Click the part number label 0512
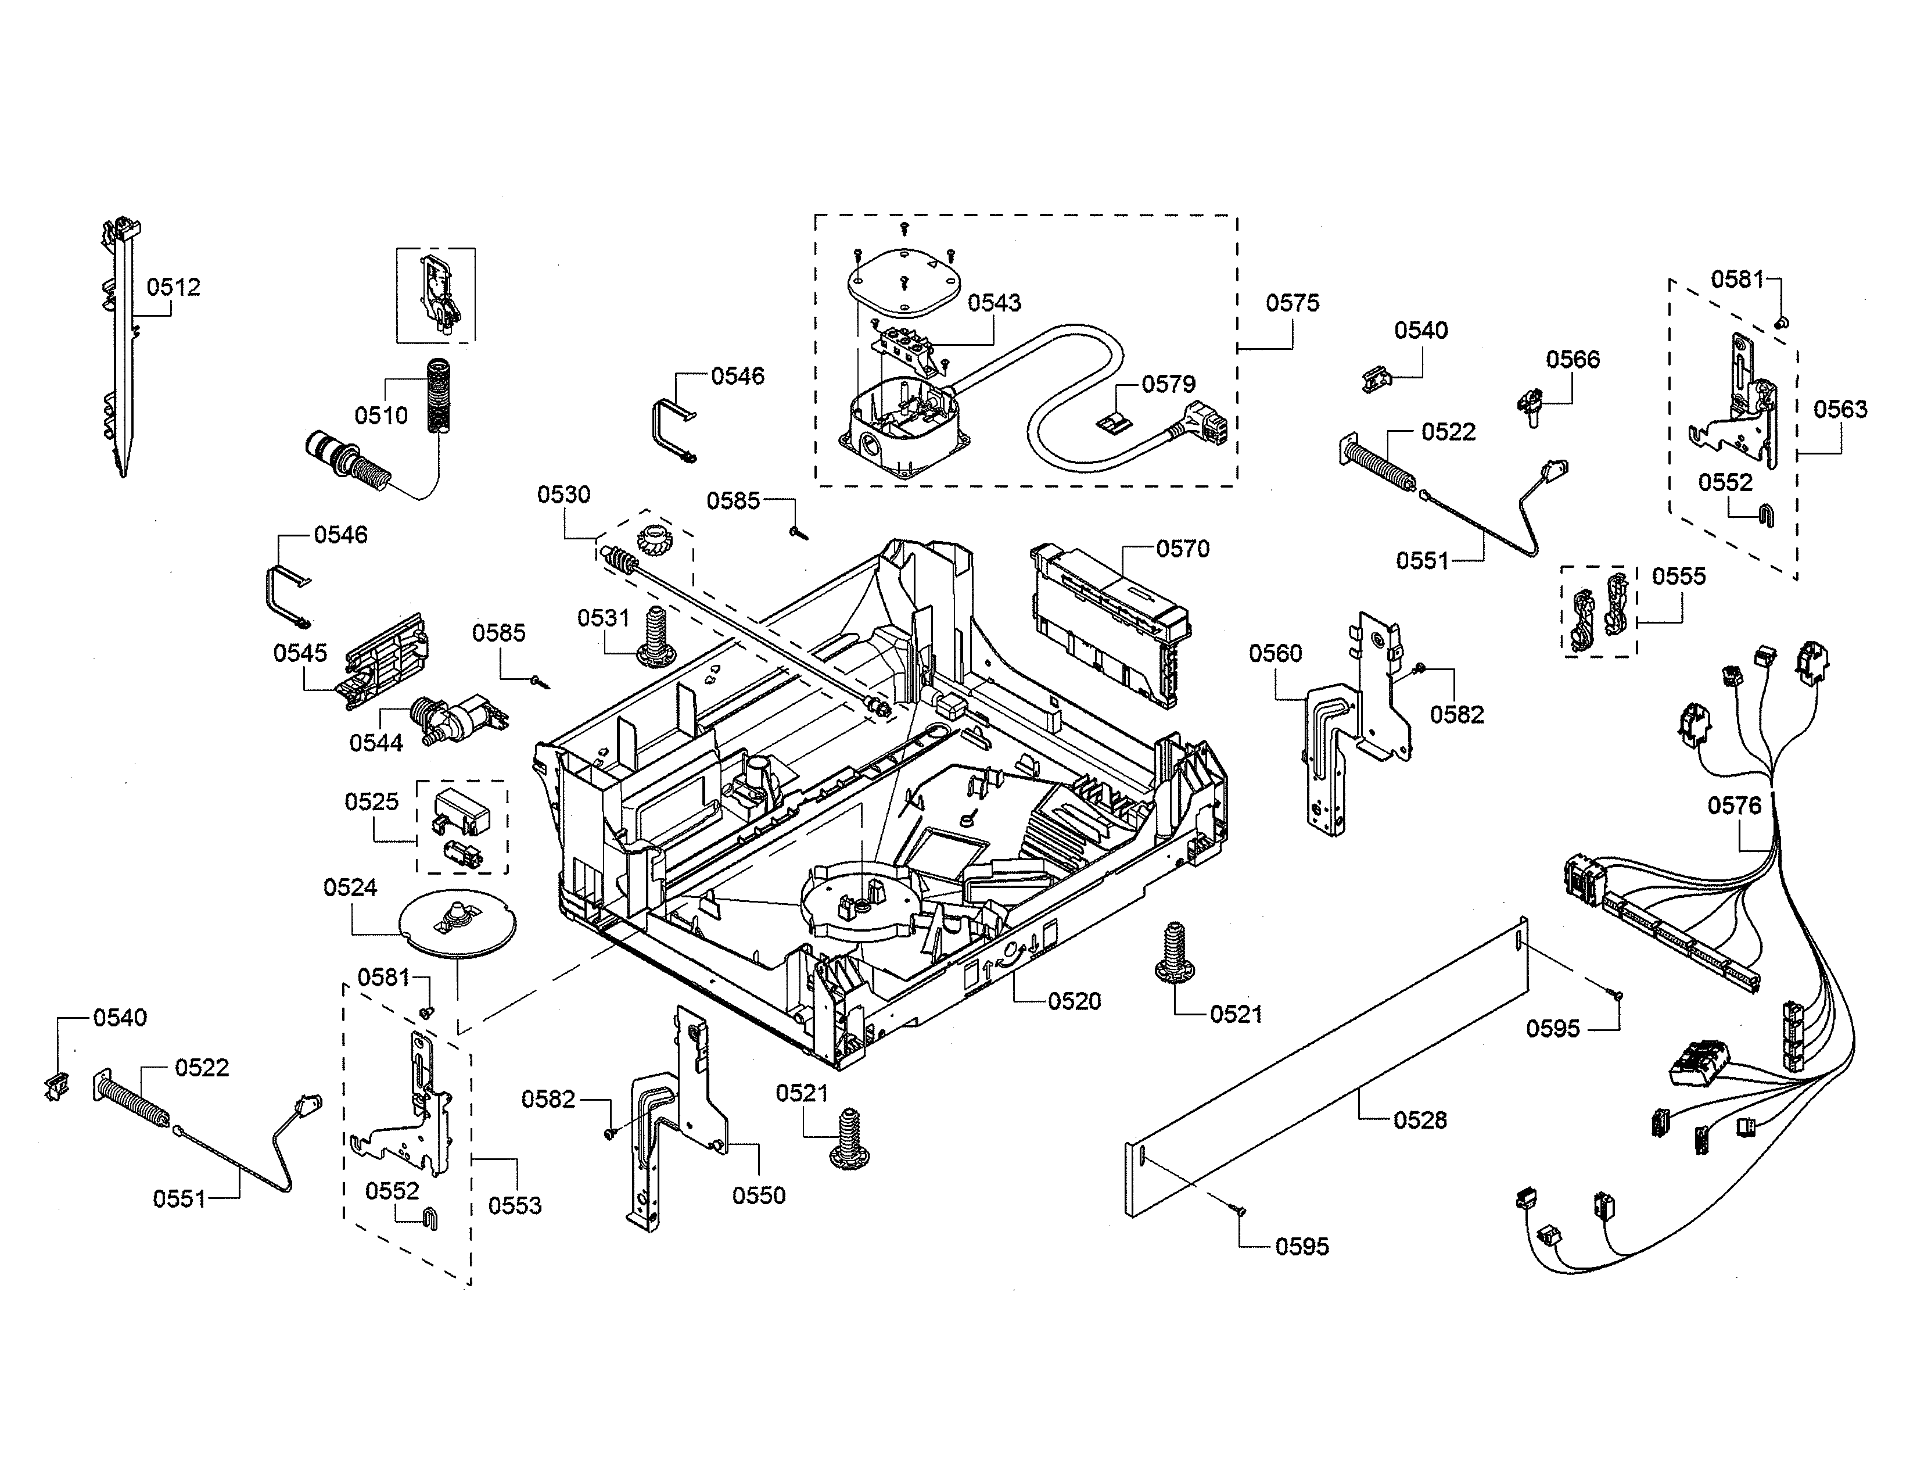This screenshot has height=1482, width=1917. (x=173, y=287)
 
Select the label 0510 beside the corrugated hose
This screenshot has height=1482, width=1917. (x=381, y=416)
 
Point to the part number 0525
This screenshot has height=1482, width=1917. (x=371, y=801)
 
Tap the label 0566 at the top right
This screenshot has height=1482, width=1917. (x=1572, y=359)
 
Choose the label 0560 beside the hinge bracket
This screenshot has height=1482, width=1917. (x=1275, y=653)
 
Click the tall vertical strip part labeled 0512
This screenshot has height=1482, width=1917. (x=122, y=351)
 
